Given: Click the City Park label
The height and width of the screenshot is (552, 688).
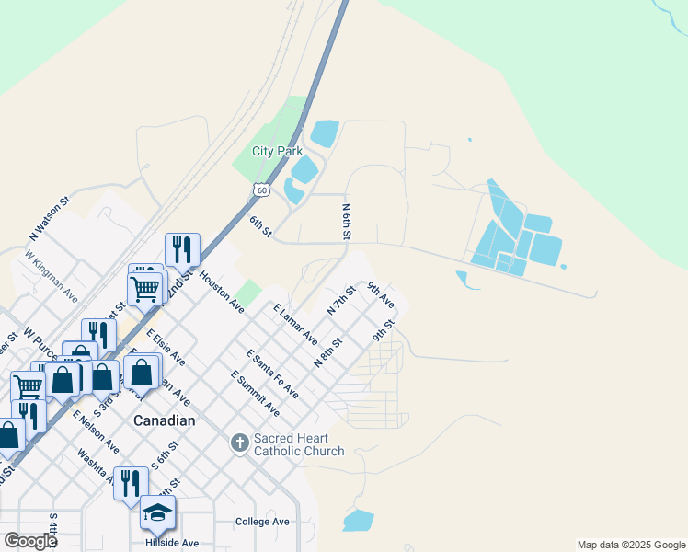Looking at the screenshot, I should click(x=277, y=152).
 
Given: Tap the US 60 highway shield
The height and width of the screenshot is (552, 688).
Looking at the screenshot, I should click(x=262, y=190).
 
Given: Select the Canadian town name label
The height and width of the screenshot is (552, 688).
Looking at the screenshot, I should click(x=165, y=420).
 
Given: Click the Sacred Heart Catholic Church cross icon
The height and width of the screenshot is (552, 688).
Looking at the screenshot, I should click(x=239, y=444).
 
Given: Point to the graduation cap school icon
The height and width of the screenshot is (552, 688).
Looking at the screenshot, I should click(x=157, y=512).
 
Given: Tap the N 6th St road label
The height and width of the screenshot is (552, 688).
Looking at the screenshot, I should click(x=348, y=223).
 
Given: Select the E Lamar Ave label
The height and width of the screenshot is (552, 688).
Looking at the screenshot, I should click(x=295, y=323).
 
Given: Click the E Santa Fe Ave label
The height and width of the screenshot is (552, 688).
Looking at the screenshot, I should click(x=272, y=374).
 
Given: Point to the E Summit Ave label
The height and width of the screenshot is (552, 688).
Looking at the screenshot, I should click(x=255, y=393).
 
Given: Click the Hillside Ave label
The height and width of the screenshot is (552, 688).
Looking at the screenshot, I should click(x=171, y=544).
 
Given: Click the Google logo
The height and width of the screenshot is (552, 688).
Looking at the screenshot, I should click(x=29, y=541).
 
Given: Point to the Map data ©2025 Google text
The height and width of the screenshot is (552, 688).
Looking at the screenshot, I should click(x=630, y=545).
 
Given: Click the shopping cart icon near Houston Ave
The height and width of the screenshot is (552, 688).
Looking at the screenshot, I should click(x=145, y=288).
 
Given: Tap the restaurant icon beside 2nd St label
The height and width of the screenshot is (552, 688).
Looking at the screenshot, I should click(x=181, y=248).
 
